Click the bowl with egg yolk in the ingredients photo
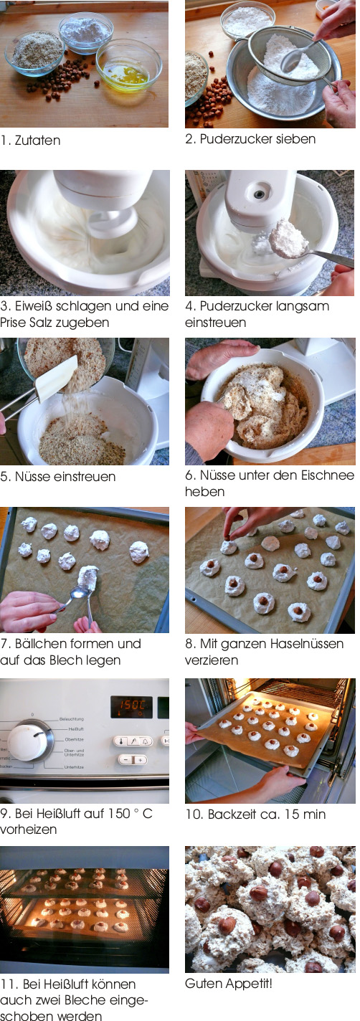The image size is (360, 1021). [x=128, y=66]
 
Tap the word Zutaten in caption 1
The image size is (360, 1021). [x=37, y=141]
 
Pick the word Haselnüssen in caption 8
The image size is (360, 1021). [x=307, y=644]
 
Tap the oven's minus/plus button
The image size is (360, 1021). [x=133, y=760]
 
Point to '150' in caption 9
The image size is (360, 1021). [x=118, y=814]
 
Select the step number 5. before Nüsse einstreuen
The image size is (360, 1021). [x=6, y=477]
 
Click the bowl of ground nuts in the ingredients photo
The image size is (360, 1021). [x=35, y=52]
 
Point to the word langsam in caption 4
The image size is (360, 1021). [x=300, y=307]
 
